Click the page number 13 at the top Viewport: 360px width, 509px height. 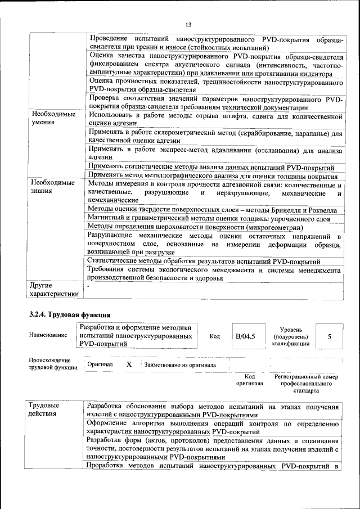(188, 24)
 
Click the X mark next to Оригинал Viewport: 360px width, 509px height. (129, 364)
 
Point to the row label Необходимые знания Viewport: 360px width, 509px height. (52, 187)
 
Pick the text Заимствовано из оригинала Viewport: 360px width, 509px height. (180, 364)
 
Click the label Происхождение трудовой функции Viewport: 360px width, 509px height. (51, 364)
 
